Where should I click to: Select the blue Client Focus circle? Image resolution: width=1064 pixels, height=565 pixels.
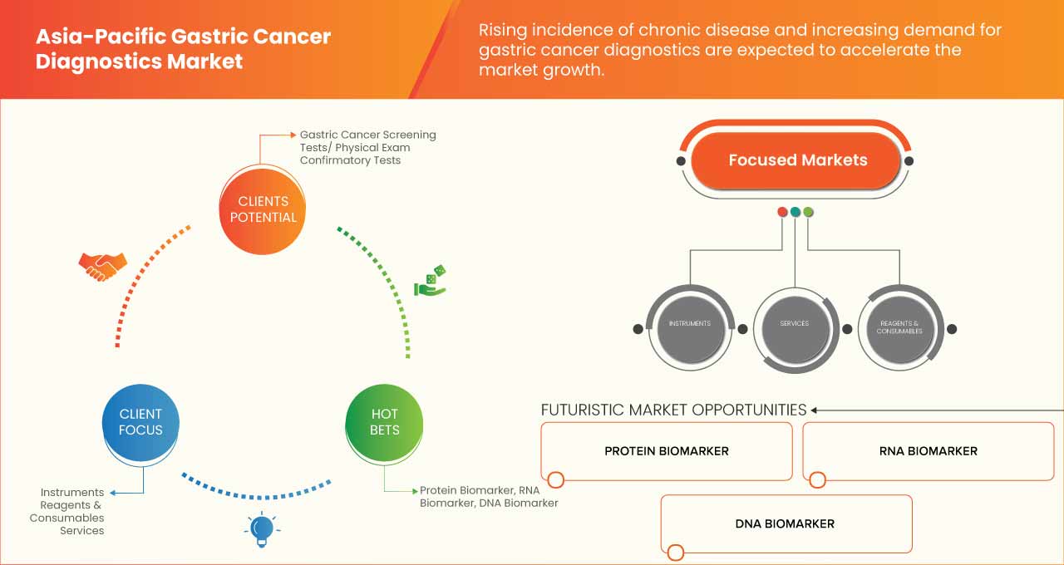click(x=140, y=421)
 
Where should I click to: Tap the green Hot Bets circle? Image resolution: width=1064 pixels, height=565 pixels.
click(x=384, y=421)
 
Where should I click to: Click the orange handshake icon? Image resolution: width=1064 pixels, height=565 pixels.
click(x=102, y=265)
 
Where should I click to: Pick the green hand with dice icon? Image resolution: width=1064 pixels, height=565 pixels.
click(x=430, y=282)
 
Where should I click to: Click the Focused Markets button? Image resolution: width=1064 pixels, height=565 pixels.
click(x=797, y=160)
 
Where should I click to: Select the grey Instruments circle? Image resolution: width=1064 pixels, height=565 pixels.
click(x=689, y=324)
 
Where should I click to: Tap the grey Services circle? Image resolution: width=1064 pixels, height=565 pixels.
click(x=794, y=324)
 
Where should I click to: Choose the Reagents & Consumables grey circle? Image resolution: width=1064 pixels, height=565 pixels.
click(x=899, y=327)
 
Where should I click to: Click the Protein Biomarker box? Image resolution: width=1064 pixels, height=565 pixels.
click(x=666, y=451)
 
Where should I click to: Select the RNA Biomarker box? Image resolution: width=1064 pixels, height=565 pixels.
click(x=928, y=451)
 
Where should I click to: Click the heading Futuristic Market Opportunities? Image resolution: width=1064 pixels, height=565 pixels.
click(x=673, y=410)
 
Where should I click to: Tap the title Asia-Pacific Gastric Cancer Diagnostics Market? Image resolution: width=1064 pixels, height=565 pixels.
click(x=183, y=49)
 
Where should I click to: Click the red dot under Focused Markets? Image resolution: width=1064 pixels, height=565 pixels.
click(x=782, y=212)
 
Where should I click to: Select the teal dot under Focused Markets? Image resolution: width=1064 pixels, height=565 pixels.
click(x=796, y=212)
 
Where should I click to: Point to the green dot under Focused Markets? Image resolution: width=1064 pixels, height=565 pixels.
click(x=808, y=212)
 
